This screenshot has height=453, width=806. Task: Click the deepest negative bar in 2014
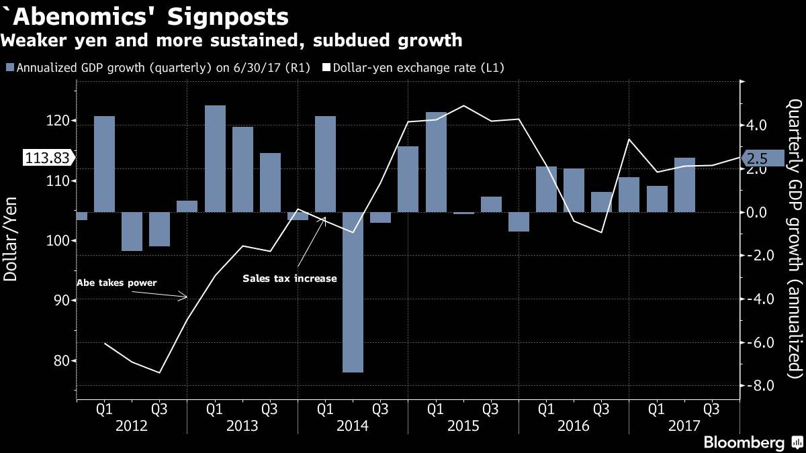coord(353,292)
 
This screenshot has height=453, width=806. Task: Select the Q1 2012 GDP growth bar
coord(104,164)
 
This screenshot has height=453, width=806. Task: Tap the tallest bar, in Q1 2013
coord(215,158)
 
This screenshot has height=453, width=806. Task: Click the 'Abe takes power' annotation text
coord(117,283)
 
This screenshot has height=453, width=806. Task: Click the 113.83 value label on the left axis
coord(46,158)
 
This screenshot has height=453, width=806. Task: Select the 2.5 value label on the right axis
coord(758,159)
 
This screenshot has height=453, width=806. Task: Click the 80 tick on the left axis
coord(60,360)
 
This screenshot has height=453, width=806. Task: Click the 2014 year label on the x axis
coord(352,425)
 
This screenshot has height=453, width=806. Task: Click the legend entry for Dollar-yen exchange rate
coord(413,68)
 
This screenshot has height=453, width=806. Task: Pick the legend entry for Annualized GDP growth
coord(158,68)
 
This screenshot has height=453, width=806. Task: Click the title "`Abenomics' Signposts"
coord(145,16)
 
